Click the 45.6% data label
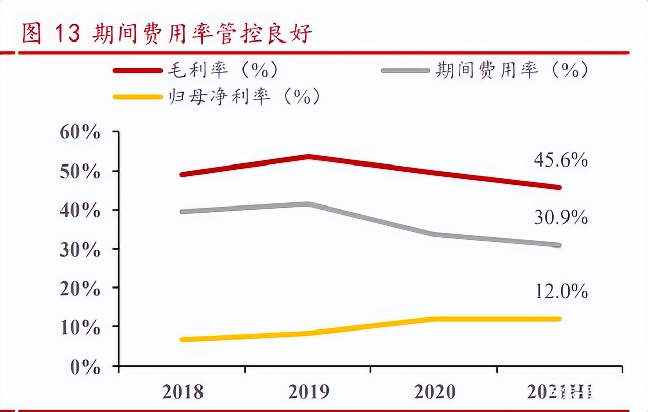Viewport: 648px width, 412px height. coord(560,160)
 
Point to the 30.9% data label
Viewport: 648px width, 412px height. coord(560,218)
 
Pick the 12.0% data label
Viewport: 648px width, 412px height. coord(560,292)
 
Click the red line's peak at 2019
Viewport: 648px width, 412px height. coord(308,157)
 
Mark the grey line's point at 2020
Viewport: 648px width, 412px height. coord(434,234)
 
